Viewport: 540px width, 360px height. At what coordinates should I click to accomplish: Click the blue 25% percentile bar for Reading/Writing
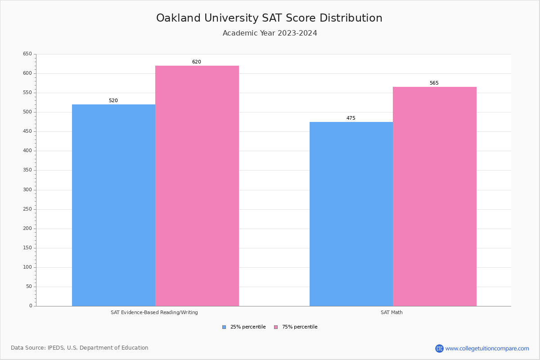113,205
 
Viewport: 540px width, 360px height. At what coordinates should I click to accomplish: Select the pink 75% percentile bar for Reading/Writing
197,186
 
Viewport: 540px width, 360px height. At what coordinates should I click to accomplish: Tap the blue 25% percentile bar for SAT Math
351,214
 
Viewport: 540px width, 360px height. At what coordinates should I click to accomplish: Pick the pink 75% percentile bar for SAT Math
434,197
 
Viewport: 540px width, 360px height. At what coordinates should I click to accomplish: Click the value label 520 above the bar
113,101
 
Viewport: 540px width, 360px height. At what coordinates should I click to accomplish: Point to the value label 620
197,62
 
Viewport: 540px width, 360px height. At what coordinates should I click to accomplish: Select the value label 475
351,118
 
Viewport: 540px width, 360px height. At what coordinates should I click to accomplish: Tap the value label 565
434,83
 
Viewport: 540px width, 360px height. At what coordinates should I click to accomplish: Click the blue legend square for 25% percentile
224,327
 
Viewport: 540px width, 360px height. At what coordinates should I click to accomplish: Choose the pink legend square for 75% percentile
276,327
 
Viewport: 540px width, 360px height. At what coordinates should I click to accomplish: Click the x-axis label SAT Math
391,312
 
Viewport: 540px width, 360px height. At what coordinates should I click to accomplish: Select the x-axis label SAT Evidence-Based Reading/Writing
154,312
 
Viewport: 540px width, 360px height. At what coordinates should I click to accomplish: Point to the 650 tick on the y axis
27,54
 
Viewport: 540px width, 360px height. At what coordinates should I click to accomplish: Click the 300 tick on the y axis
27,190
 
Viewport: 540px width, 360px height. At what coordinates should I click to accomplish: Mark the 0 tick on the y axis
31,306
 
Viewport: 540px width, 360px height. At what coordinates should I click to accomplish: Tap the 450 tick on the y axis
27,131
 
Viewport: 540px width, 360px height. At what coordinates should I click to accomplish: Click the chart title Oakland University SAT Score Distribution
269,18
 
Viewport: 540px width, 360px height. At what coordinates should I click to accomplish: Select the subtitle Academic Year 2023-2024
270,33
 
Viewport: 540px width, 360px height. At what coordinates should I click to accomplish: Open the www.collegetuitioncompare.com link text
487,348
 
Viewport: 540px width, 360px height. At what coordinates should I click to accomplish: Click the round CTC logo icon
439,348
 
